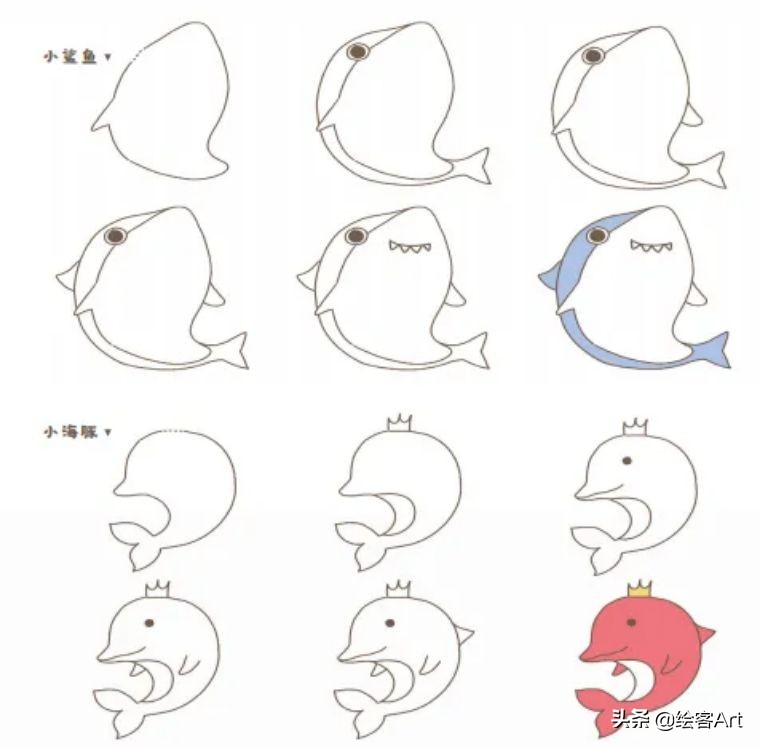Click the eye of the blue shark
click(x=598, y=236)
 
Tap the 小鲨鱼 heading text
click(x=70, y=57)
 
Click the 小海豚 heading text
click(x=70, y=432)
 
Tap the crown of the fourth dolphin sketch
click(x=156, y=588)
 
